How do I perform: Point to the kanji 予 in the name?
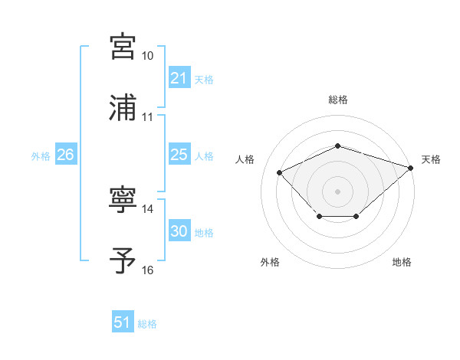pos(123,260)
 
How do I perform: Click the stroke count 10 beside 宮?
pos(147,57)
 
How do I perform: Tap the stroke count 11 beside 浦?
pos(147,117)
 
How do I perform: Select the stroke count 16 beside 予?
pos(147,270)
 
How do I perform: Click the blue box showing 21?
pos(179,78)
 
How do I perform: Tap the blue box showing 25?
pos(179,155)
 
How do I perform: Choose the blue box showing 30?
pos(179,232)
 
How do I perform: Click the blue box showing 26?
pos(65,155)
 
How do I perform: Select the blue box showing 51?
pos(122,323)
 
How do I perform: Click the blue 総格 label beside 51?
pos(147,324)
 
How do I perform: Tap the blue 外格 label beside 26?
pos(41,156)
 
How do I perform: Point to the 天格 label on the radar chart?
pos(431,159)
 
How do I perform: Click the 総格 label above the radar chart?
pos(337,100)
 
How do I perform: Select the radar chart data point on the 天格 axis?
pos(412,168)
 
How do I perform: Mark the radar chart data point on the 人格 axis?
pos(280,172)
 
